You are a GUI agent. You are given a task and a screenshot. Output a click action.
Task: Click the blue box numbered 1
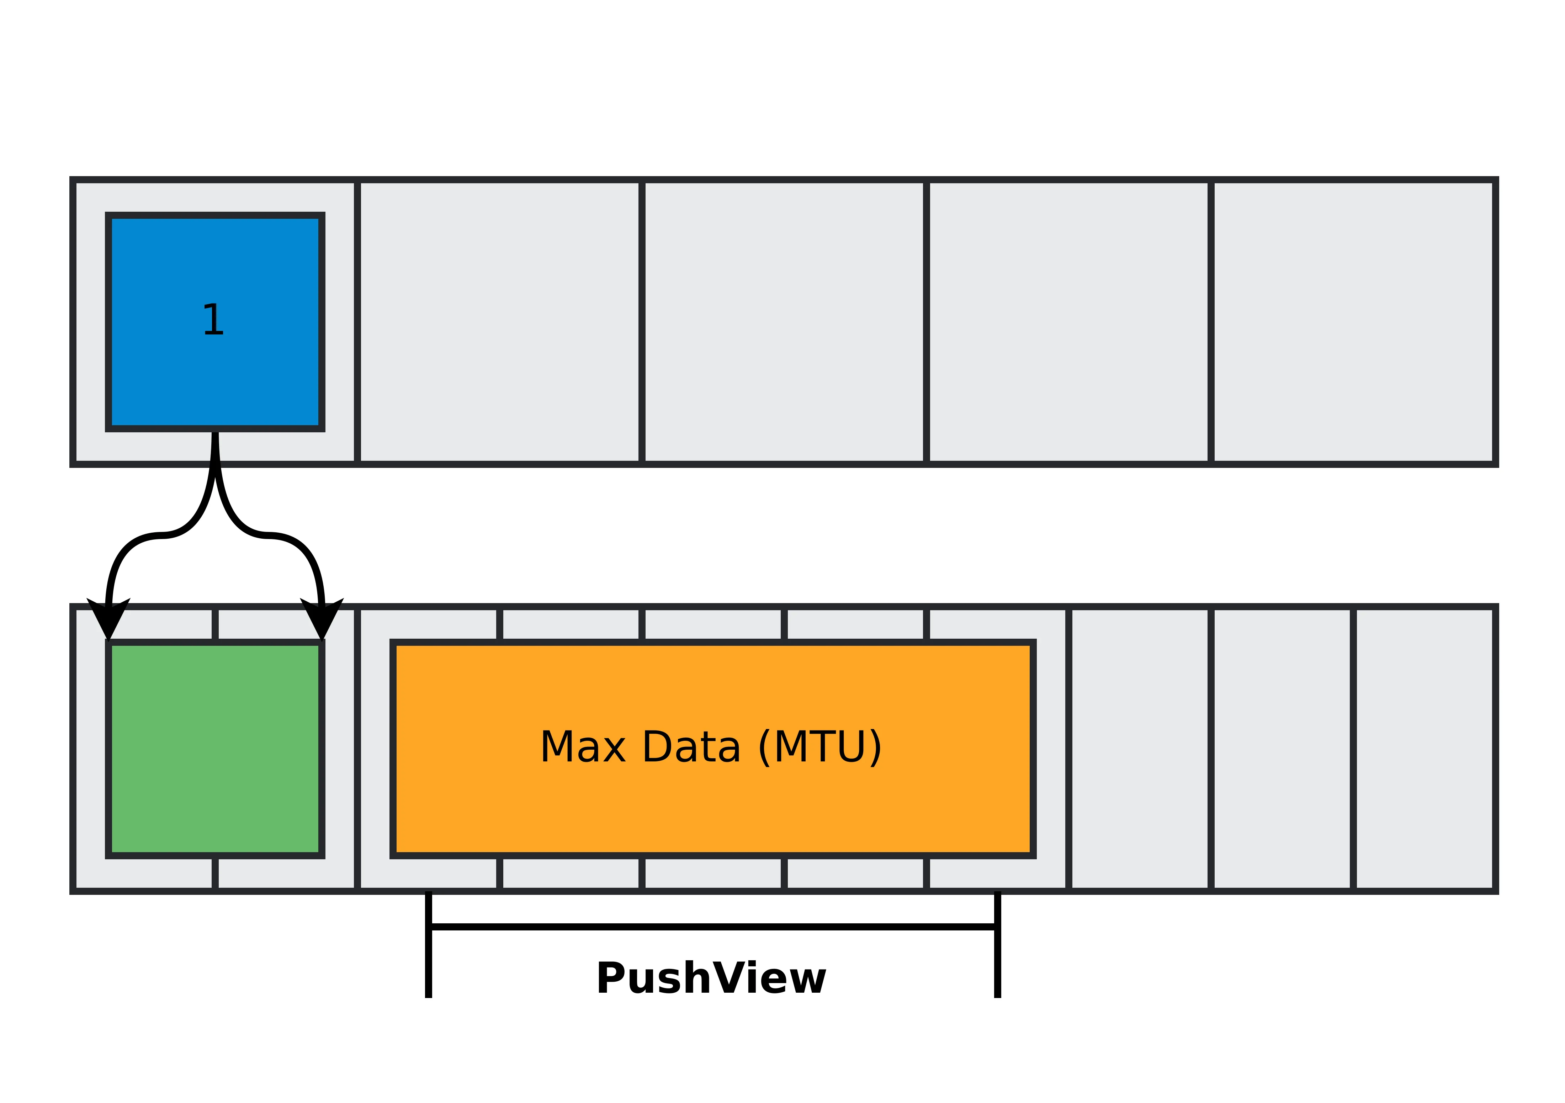coord(215,273)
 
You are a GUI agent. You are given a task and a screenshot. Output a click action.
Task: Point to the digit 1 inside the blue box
coord(213,320)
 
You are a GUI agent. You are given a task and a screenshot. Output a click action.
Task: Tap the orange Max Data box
coord(713,804)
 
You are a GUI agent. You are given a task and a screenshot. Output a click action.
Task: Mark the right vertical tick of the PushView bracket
coord(997,954)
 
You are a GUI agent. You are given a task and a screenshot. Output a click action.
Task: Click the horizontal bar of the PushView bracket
coord(713,927)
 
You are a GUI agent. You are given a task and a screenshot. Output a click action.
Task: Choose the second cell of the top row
coord(500,322)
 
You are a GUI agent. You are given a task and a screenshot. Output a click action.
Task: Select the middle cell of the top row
coord(784,322)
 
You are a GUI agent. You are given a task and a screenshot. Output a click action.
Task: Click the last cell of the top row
coord(1353,322)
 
